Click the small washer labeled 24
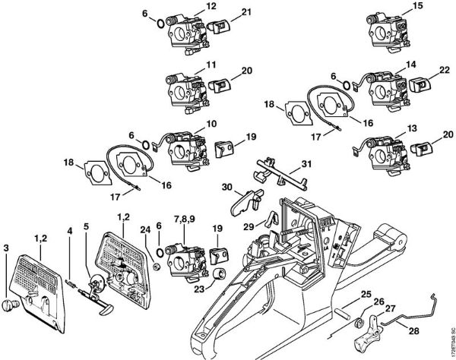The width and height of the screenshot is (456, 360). coord(154,265)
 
